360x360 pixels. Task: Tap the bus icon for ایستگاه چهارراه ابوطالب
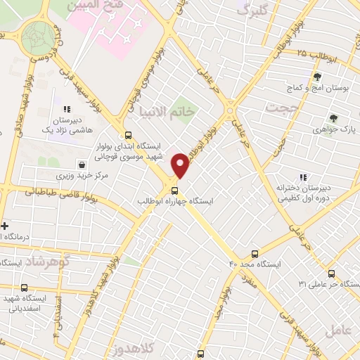tap(175, 190)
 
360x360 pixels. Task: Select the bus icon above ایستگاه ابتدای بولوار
tap(127, 135)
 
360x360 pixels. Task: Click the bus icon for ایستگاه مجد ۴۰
tap(255, 253)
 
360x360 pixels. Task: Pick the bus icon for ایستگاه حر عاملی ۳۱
tap(331, 274)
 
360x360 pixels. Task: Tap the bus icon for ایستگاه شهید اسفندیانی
tap(25, 288)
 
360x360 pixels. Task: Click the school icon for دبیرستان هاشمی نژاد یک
tap(67, 109)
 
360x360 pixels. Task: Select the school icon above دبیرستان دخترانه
tap(303, 177)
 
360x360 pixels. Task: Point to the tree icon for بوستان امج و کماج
tap(317, 77)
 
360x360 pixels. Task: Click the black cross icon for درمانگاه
tap(6, 226)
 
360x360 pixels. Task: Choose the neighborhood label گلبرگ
tap(252, 11)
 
